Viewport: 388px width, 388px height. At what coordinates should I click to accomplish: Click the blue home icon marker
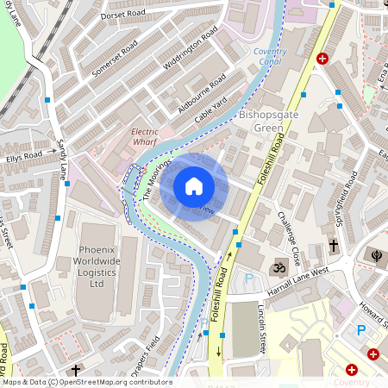(194, 186)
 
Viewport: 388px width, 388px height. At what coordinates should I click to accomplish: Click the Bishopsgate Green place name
(249, 122)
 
